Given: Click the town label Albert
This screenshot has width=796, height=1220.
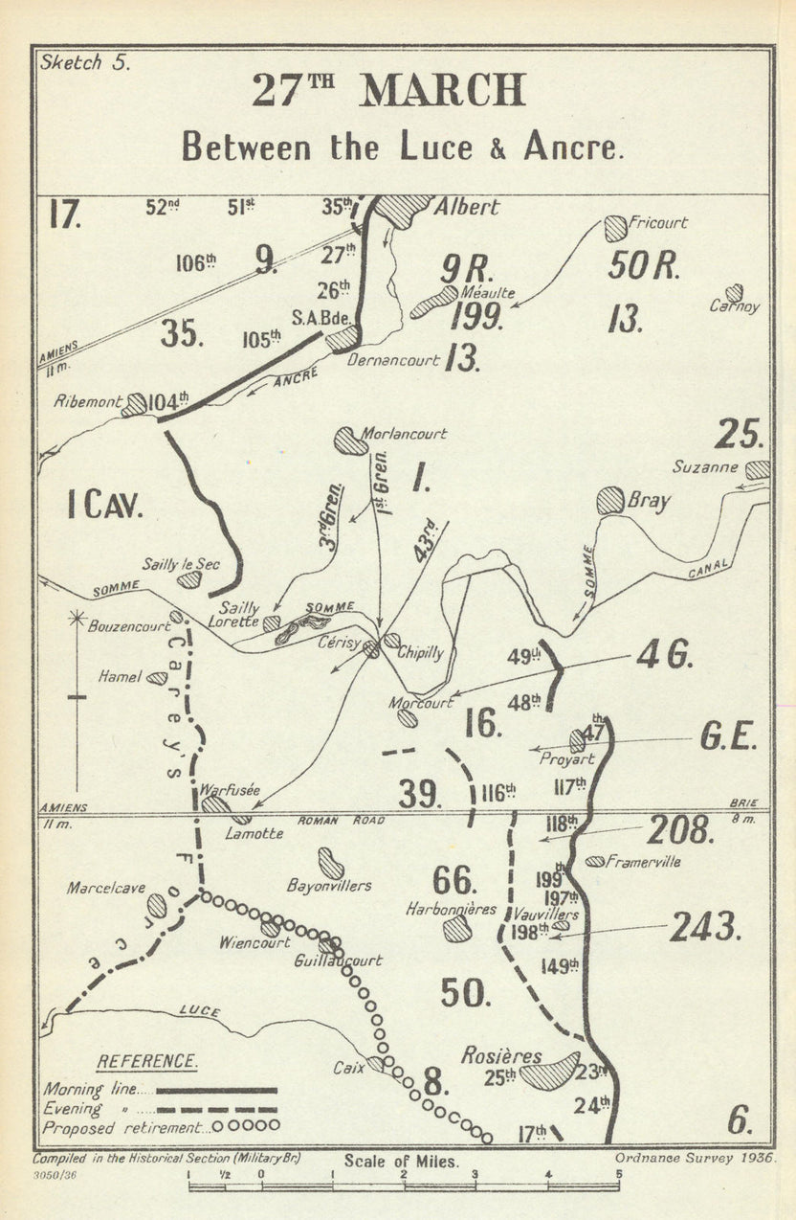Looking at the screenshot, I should click(468, 207).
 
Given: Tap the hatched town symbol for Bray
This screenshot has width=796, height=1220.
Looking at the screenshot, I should click(610, 500).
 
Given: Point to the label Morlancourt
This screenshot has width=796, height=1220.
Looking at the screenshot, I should click(404, 434).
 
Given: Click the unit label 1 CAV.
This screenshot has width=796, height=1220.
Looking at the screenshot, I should click(105, 505).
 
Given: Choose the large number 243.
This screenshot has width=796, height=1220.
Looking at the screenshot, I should click(706, 926).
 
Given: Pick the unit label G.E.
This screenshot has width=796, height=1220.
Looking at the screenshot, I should click(729, 737).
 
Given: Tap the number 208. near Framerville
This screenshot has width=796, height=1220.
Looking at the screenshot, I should click(680, 830).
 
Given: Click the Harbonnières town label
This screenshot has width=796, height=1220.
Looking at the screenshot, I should click(451, 908).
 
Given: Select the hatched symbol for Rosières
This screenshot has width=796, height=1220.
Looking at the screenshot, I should click(549, 1071).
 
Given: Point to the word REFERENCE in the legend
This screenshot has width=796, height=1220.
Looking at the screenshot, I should click(147, 1061).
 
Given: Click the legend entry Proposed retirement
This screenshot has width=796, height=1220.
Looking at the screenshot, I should click(125, 1127).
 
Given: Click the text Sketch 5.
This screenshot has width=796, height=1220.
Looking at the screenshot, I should click(84, 62).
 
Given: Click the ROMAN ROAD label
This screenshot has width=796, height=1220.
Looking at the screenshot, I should click(341, 821).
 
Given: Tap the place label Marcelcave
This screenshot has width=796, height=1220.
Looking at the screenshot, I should click(105, 889).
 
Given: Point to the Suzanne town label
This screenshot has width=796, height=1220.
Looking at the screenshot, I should click(705, 467).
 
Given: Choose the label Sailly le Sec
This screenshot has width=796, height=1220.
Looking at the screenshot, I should click(181, 564).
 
